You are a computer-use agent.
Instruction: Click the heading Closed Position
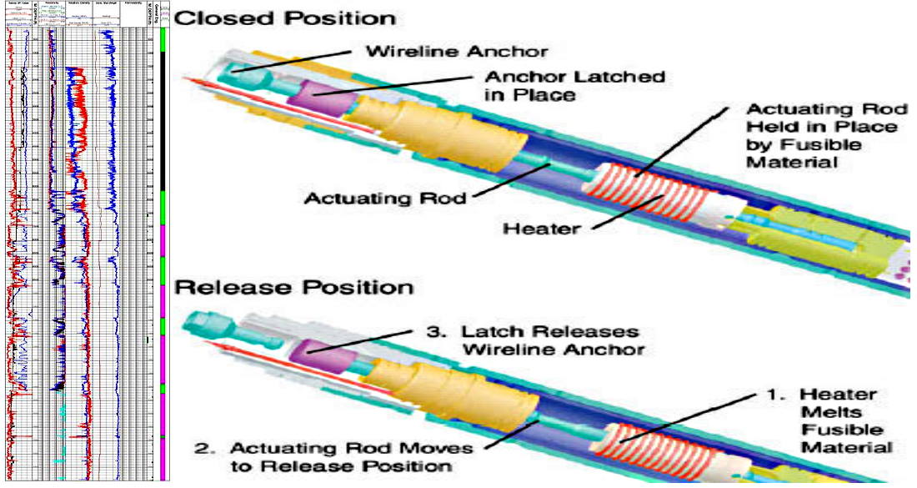pyautogui.click(x=285, y=18)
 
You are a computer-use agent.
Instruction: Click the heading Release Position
pyautogui.click(x=294, y=288)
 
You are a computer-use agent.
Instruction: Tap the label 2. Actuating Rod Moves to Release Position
pyautogui.click(x=326, y=456)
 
